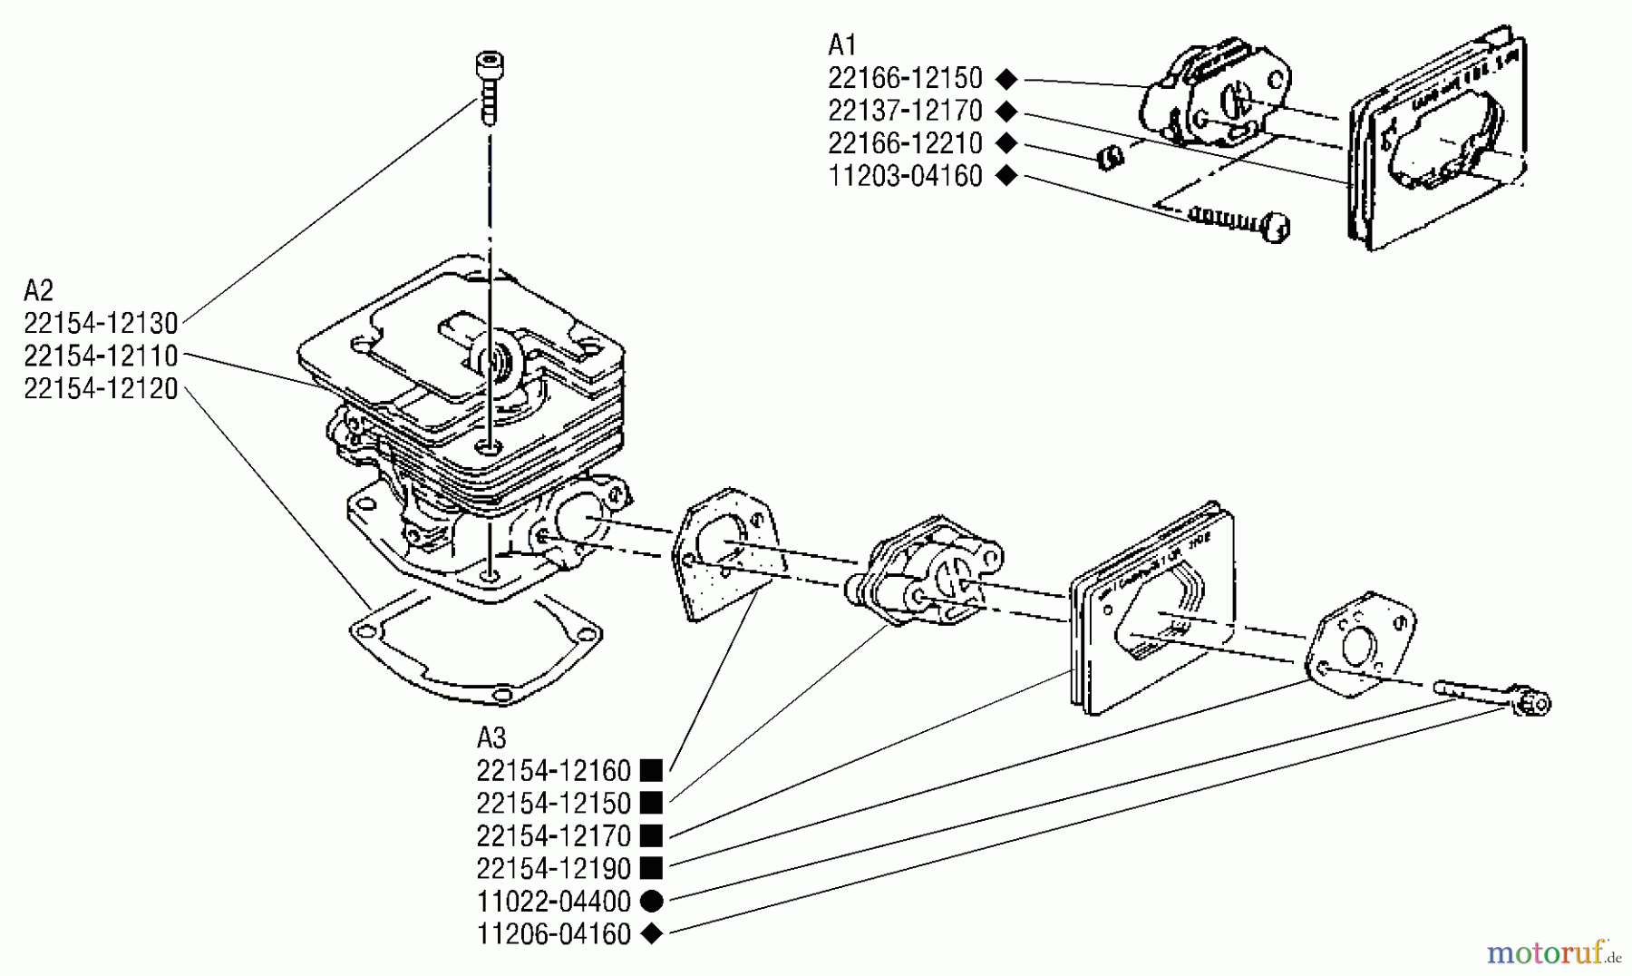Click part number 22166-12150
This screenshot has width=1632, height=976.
coord(905,78)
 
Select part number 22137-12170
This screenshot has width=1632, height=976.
coord(905,111)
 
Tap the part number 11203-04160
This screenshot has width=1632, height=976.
coord(905,176)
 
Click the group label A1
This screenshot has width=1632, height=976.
coord(842,44)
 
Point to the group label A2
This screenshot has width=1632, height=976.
coord(38,290)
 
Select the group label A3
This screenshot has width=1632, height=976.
coord(491,737)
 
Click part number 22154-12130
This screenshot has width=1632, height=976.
coord(101,323)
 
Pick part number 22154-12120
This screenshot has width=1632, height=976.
coord(101,388)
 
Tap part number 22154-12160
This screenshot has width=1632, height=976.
coord(553,771)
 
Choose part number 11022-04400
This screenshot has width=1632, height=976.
coord(553,902)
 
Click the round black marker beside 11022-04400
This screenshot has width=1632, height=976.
coord(651,902)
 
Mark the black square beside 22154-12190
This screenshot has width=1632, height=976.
coord(651,869)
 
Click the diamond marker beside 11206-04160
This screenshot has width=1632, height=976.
coord(651,933)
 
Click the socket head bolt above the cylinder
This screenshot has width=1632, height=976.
coord(489,86)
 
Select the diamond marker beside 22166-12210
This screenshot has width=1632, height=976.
coord(1005,143)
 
